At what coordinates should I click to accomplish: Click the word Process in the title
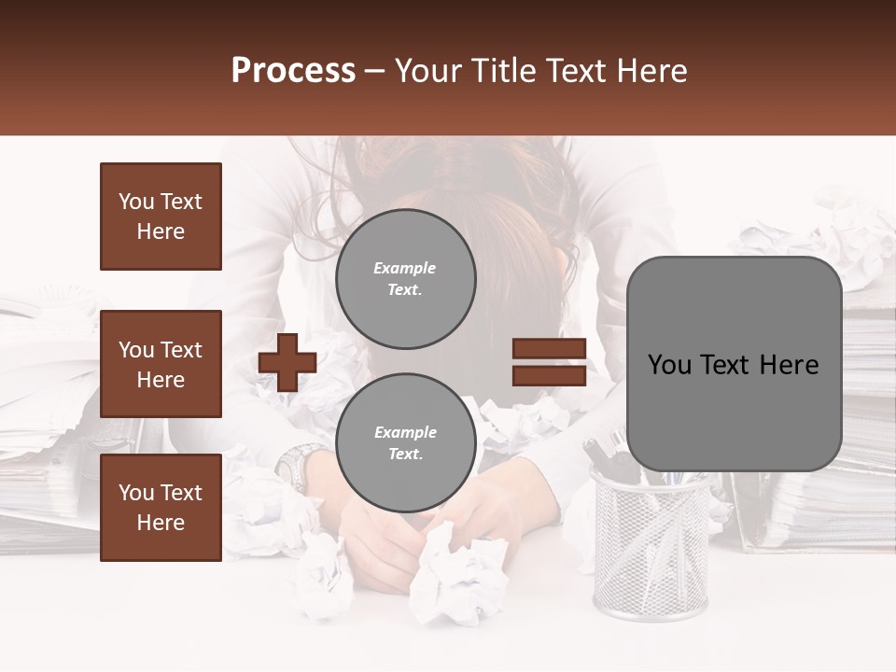tap(293, 71)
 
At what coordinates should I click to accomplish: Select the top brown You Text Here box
tap(161, 217)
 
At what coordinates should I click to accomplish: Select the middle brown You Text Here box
tap(161, 364)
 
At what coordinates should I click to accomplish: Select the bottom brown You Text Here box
tap(161, 508)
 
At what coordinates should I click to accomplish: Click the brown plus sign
tap(287, 362)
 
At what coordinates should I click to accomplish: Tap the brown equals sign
tap(549, 362)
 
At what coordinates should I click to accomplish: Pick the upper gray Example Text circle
tap(405, 279)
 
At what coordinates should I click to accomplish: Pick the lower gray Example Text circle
tap(405, 443)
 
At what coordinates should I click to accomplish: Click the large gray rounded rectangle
tap(734, 364)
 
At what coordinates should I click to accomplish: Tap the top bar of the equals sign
tap(549, 349)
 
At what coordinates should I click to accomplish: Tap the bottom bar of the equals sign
tap(549, 375)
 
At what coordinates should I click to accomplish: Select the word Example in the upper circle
tap(405, 268)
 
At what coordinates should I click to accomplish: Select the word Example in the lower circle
tap(405, 432)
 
